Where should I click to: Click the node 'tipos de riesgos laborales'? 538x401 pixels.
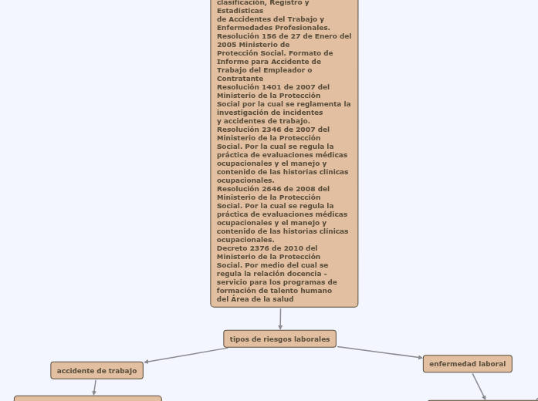279,339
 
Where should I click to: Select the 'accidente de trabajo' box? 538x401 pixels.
96,371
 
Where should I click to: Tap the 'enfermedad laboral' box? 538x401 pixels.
467,364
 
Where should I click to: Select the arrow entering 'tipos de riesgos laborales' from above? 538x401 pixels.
280,318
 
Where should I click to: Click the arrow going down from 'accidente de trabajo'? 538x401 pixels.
95,387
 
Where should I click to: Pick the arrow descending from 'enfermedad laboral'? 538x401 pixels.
479,386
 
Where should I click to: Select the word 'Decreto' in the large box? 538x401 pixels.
232,248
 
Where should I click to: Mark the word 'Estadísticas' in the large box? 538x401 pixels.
240,11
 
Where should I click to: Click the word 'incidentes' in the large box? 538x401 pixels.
303,113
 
